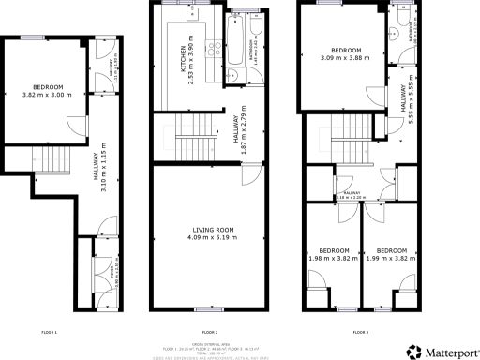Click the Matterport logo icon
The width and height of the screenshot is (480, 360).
412,352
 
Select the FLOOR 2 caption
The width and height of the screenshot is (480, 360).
209,332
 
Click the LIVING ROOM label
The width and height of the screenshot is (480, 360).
209,232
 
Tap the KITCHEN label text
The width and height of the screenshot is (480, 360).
170,67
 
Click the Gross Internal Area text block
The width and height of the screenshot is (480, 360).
209,346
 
